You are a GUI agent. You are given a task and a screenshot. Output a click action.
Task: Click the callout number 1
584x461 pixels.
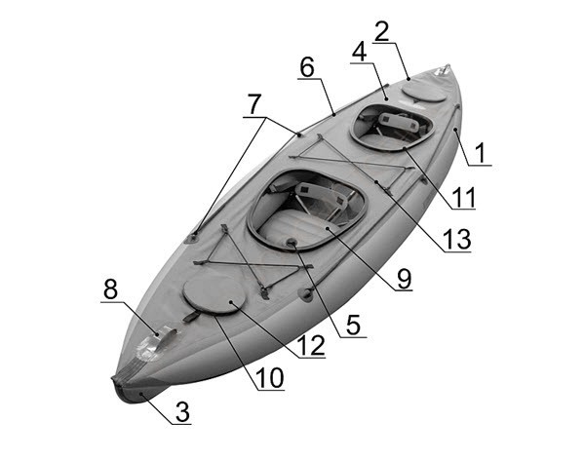pyautogui.click(x=481, y=153)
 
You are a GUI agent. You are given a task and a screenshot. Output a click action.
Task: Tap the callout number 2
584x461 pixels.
pyautogui.click(x=382, y=31)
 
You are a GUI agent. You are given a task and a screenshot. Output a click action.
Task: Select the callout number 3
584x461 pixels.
pyautogui.click(x=182, y=412)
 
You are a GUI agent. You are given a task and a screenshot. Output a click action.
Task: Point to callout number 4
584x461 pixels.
pyautogui.click(x=360, y=52)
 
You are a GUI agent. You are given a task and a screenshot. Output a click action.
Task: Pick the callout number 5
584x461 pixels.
pyautogui.click(x=353, y=325)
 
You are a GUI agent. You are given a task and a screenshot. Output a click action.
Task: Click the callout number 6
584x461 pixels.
pyautogui.click(x=307, y=67)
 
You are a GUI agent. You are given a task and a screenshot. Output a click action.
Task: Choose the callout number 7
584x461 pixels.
pyautogui.click(x=254, y=104)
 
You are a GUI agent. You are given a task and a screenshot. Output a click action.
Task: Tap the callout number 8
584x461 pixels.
pyautogui.click(x=110, y=289)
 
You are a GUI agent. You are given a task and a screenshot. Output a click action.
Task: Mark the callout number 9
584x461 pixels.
pyautogui.click(x=405, y=279)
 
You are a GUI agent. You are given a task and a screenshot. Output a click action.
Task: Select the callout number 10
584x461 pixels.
pyautogui.click(x=270, y=377)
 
